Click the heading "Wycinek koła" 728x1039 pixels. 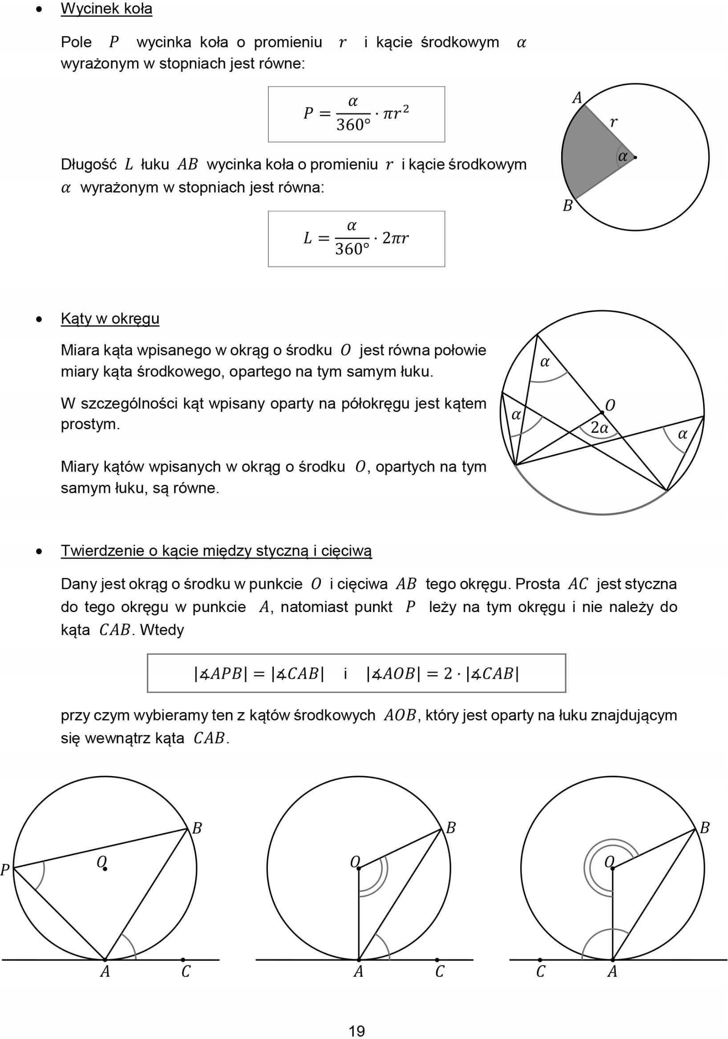point(106,9)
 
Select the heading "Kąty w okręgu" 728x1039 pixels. point(110,318)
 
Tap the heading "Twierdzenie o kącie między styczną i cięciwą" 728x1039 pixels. point(216,551)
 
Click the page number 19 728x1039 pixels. point(357,1031)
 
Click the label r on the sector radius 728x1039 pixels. point(614,122)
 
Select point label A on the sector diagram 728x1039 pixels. point(577,98)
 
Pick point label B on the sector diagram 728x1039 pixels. point(567,206)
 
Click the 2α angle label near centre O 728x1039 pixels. point(599,427)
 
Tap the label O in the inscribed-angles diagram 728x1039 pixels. point(610,406)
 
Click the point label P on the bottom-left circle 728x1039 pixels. point(5,869)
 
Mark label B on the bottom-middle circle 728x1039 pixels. point(450,828)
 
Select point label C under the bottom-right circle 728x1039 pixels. point(541,971)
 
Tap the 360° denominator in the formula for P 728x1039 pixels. point(353,125)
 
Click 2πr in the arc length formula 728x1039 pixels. point(395,238)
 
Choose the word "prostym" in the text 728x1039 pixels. point(90,424)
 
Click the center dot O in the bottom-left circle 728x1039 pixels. point(105,868)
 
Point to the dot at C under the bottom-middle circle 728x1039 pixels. point(437,959)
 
